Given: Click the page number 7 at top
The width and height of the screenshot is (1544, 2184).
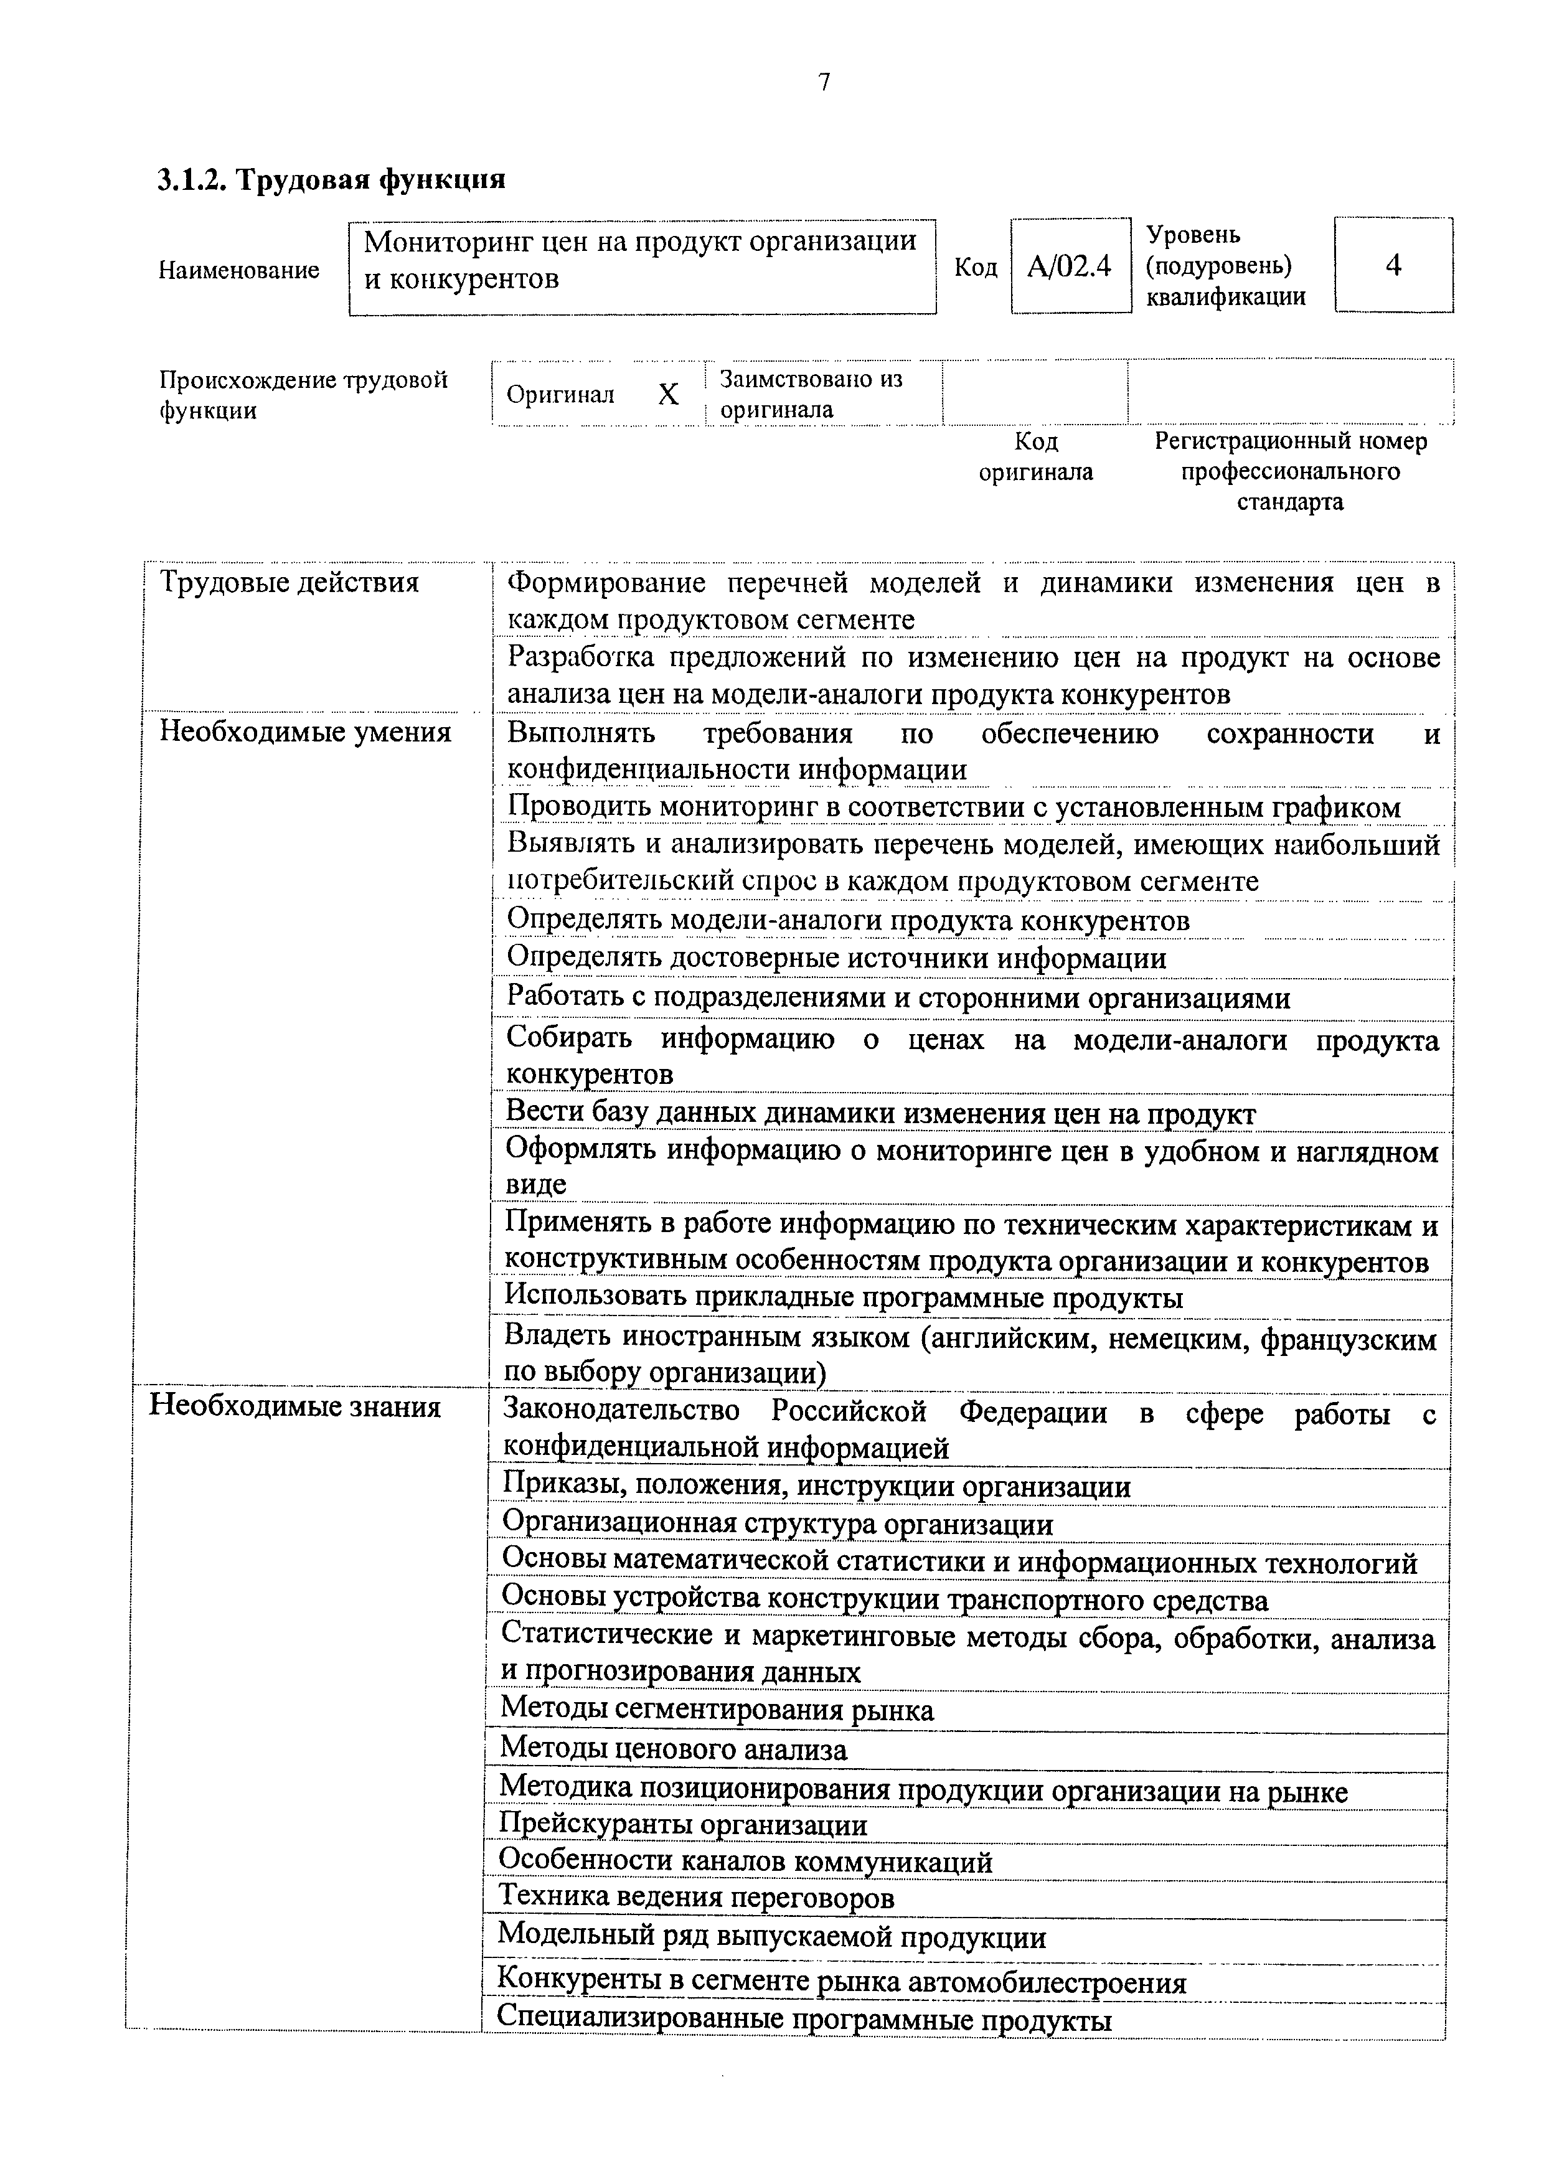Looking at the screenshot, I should [x=824, y=83].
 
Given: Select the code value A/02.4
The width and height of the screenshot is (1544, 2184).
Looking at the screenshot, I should [x=1070, y=266].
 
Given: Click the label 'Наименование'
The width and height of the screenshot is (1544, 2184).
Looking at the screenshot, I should [x=239, y=270].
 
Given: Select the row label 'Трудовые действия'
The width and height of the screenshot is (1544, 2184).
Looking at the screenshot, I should [x=289, y=582].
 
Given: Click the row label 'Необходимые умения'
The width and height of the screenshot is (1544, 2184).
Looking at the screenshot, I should [x=304, y=732].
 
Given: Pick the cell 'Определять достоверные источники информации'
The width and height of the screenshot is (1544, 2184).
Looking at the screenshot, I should [x=836, y=958].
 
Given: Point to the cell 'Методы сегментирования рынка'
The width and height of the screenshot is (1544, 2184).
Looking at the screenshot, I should [x=717, y=1710].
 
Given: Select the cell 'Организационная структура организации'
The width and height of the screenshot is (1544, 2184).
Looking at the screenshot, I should [x=777, y=1524].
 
